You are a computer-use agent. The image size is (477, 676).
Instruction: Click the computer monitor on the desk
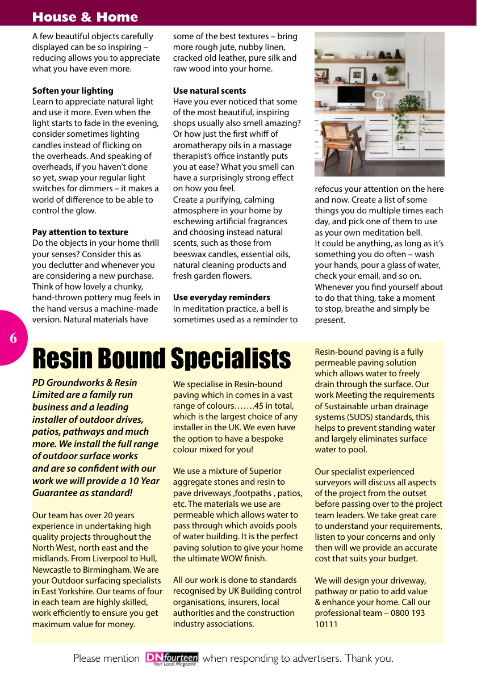pyautogui.click(x=351, y=94)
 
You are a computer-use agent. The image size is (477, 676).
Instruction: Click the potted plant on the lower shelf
pyautogui.click(x=391, y=72)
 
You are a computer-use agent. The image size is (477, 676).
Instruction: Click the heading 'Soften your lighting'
pyautogui.click(x=73, y=91)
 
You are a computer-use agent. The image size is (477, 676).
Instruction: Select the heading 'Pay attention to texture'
pyautogui.click(x=80, y=232)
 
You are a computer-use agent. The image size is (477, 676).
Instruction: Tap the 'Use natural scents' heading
pyautogui.click(x=210, y=91)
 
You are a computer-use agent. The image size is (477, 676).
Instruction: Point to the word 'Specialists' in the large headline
pyautogui.click(x=231, y=359)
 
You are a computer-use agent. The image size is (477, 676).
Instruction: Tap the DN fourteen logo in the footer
pyautogui.click(x=171, y=658)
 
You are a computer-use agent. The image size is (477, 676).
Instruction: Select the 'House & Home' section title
pyautogui.click(x=85, y=17)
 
